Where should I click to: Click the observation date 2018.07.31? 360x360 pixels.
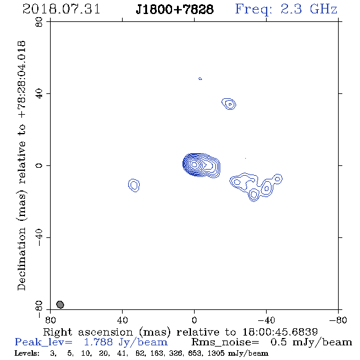point(61,9)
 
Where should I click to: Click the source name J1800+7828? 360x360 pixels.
point(175,9)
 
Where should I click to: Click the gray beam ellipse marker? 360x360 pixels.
point(60,304)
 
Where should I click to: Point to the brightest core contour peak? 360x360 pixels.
point(194,164)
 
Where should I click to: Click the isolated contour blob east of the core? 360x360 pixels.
point(134,185)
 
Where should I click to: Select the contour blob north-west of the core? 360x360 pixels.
point(229,104)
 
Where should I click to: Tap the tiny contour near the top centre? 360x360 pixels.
point(200,79)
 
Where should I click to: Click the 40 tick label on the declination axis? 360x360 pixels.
point(39,94)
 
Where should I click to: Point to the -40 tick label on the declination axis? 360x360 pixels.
point(39,237)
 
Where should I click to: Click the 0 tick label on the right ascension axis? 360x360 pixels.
point(194,320)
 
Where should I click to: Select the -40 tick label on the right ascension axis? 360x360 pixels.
point(266,320)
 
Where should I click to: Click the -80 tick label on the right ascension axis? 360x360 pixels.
point(338,320)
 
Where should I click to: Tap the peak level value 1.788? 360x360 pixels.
point(98,342)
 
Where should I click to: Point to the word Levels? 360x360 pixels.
point(27,353)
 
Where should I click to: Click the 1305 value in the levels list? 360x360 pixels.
point(215,353)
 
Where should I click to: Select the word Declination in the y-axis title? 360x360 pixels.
point(21,259)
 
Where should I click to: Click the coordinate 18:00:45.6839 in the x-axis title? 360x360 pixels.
point(280,332)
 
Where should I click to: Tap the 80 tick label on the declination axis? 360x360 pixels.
point(39,22)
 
